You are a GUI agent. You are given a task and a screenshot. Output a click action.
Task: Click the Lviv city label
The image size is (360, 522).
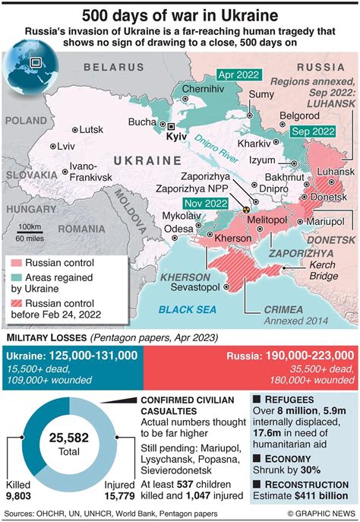(67, 146)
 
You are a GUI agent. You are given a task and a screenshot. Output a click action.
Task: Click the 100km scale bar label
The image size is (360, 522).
(30, 226)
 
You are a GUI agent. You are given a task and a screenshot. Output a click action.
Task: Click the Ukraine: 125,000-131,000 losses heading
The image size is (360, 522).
(73, 355)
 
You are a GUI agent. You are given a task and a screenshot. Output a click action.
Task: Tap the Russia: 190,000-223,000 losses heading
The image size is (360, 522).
(291, 355)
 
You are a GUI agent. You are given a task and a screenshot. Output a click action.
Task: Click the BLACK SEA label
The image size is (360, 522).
(187, 308)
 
